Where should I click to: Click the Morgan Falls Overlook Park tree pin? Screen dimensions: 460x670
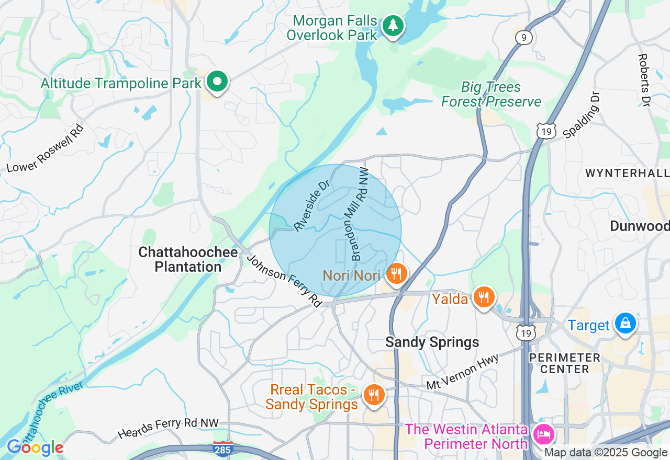pos(393,26)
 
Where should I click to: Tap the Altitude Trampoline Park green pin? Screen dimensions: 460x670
pos(216,82)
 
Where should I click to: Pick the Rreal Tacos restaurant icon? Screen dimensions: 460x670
pos(373,395)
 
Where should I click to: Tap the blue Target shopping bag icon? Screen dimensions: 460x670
pos(625,323)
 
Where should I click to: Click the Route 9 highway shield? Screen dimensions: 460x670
pos(523,38)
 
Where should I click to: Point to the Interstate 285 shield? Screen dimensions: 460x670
pos(222,448)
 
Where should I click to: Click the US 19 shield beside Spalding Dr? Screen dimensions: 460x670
pos(546,132)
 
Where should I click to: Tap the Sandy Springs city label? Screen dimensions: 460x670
pos(432,342)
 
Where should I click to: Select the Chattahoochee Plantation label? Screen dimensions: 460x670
pos(188,260)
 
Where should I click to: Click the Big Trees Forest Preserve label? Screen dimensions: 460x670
pos(491,95)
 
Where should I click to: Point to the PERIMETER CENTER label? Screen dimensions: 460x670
pos(564,363)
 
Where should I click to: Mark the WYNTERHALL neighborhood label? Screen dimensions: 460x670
pos(627,173)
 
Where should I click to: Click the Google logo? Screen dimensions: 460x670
pos(35,448)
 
